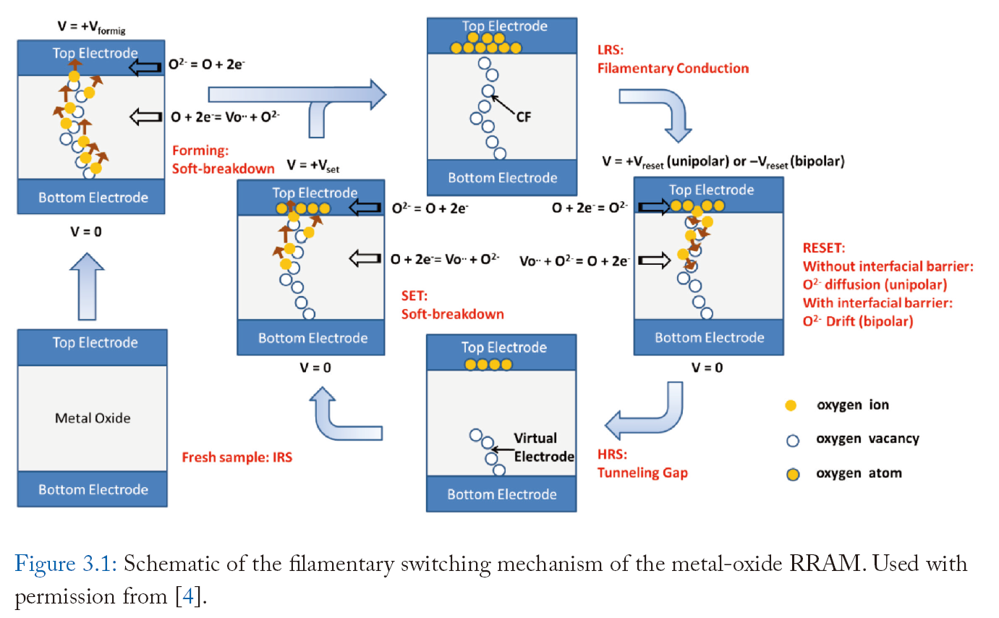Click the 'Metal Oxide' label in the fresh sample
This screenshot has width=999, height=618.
coord(93,418)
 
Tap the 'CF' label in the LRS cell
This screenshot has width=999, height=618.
coord(524,116)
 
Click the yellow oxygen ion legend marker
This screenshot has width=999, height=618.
coord(791,406)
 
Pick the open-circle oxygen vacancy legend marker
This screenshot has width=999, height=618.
coord(791,440)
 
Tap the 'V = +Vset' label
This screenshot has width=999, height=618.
coord(313,164)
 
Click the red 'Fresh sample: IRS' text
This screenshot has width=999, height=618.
coord(237,457)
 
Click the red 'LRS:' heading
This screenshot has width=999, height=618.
coord(609,51)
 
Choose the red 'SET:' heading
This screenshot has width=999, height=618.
coord(415,297)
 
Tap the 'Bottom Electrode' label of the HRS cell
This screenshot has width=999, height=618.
coord(502,494)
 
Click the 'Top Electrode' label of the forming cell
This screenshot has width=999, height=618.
coord(95,54)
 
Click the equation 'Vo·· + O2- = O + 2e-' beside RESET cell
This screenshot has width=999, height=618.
coord(574,261)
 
